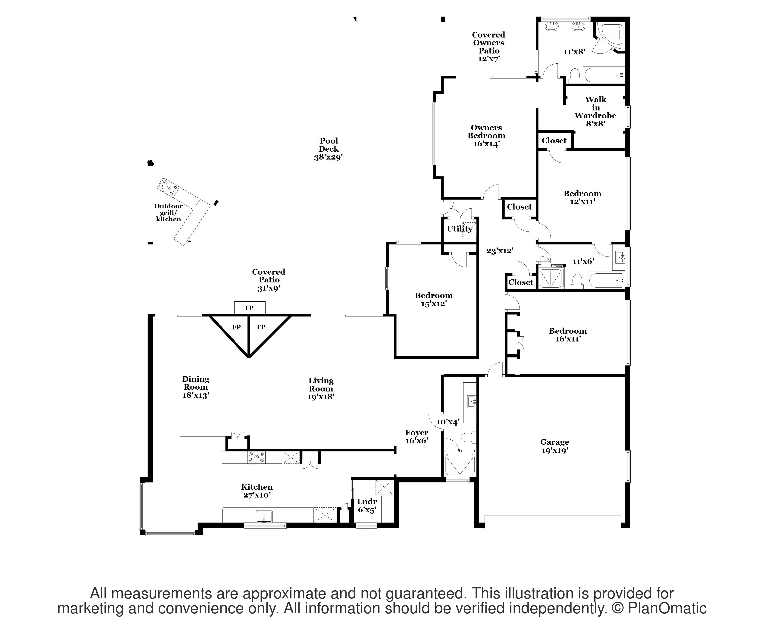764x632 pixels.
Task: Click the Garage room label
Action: pos(554,446)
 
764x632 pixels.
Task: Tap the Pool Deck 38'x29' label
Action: pos(329,149)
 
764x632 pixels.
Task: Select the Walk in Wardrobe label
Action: pos(595,111)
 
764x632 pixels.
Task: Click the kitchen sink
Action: pos(264,516)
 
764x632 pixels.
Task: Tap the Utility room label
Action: pos(460,228)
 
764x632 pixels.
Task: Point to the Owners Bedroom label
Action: pos(486,135)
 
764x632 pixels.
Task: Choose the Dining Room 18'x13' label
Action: pos(196,387)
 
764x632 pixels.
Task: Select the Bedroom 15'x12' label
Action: pos(434,299)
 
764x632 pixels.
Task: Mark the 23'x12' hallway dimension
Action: pos(500,251)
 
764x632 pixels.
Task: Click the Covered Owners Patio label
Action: pos(488,47)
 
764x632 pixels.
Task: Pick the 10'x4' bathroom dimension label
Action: pos(448,422)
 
